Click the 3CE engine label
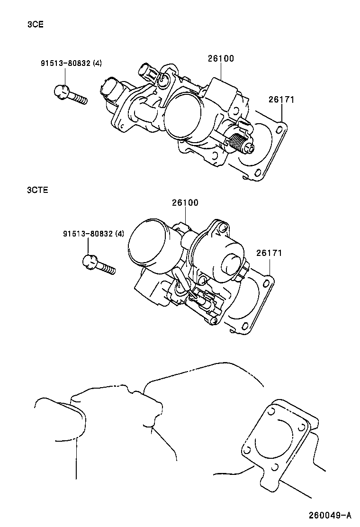point(36,25)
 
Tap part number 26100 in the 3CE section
point(221,59)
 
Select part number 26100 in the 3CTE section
point(185,202)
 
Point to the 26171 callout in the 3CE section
point(281,100)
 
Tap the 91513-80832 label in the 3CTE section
point(88,233)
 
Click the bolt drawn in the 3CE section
point(70,94)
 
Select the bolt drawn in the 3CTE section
point(98,263)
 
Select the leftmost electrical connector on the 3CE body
point(110,90)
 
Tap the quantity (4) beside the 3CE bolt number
point(97,63)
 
